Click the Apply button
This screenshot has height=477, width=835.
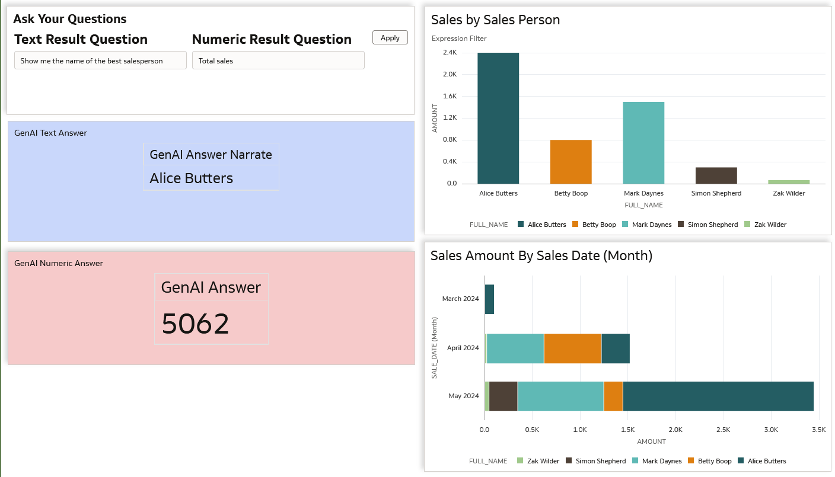390,38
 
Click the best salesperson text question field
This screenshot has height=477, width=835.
100,60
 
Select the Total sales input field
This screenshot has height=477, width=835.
278,60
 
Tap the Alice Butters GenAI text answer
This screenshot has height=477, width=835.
191,178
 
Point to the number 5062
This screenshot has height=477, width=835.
195,324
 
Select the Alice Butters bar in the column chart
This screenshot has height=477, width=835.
498,118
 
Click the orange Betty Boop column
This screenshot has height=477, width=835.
571,162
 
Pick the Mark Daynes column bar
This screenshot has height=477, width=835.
643,143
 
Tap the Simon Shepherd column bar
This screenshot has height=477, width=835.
716,175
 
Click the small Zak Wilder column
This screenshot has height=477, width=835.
789,181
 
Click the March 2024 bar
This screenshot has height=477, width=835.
489,299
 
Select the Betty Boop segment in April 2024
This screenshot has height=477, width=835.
572,348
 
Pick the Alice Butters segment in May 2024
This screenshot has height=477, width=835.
718,396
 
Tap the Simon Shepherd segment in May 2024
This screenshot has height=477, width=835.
503,396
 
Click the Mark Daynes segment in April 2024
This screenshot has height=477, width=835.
515,348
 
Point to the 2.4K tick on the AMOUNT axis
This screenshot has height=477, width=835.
450,53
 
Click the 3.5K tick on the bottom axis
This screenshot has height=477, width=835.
818,429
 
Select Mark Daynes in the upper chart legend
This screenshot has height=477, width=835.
651,225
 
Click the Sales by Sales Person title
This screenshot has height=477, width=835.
495,20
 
